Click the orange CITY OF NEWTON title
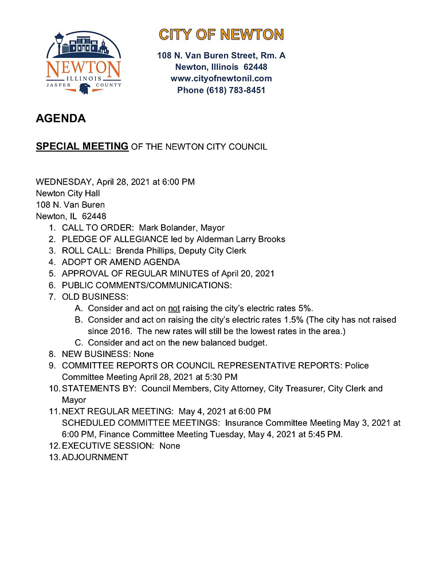221,35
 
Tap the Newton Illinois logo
84,64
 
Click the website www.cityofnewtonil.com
221,79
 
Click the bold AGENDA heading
61,119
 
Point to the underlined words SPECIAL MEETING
82,147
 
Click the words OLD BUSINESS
95,296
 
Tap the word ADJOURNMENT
95,457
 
